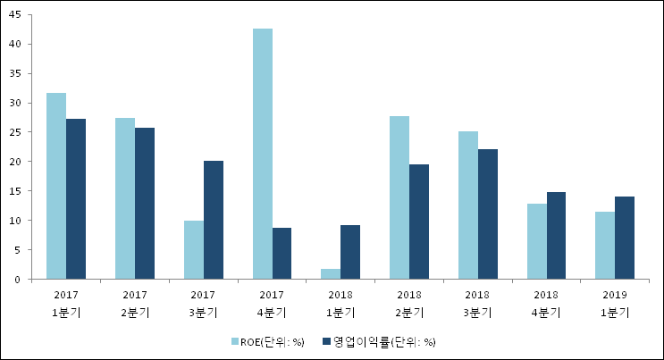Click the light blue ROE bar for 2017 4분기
tap(263, 154)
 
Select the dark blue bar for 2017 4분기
tap(282, 254)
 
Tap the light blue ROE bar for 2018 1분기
tap(331, 274)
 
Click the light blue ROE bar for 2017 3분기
tap(194, 250)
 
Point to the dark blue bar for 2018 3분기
tap(488, 214)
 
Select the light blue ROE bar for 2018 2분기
tap(399, 197)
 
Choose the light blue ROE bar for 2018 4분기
tap(537, 241)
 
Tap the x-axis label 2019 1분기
tap(615, 304)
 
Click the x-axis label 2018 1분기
tap(340, 304)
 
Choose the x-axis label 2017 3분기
tap(204, 304)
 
